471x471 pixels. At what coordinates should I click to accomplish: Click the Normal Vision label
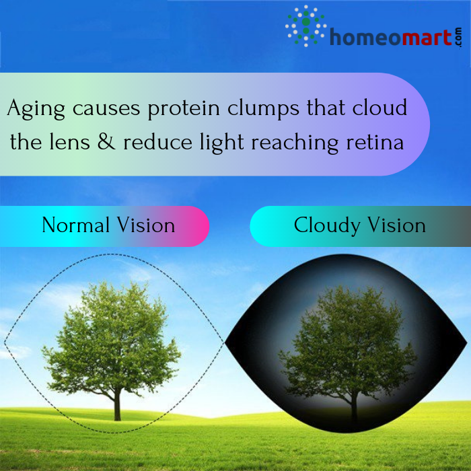click(108, 225)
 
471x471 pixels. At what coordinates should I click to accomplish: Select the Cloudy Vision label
click(359, 225)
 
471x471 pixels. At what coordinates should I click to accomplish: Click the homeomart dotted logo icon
click(306, 26)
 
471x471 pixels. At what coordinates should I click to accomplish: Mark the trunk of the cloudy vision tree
click(353, 404)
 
